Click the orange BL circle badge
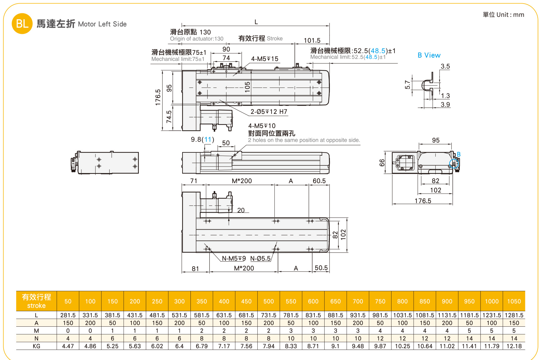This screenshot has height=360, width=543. (22, 24)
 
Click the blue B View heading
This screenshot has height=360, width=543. (429, 55)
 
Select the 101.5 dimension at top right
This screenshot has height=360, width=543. (312, 41)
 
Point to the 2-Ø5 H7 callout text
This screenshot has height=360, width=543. (269, 112)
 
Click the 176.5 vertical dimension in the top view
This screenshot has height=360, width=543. (158, 97)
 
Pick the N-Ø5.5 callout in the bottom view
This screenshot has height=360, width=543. (260, 259)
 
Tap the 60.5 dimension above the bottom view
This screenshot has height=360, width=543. (319, 181)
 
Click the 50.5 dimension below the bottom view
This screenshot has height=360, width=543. (321, 268)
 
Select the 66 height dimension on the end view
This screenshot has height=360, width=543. (382, 163)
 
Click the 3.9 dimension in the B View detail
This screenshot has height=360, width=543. (445, 105)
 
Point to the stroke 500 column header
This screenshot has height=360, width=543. (269, 301)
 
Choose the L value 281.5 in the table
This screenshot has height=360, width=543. (68, 315)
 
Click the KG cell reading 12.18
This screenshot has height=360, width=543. (514, 346)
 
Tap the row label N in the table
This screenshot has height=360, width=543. (36, 338)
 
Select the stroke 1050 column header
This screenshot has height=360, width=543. (514, 301)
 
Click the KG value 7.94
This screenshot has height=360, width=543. (269, 346)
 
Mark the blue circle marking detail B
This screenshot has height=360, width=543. (454, 164)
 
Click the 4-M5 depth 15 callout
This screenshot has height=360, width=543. (264, 59)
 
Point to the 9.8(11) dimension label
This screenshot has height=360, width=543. (202, 139)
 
